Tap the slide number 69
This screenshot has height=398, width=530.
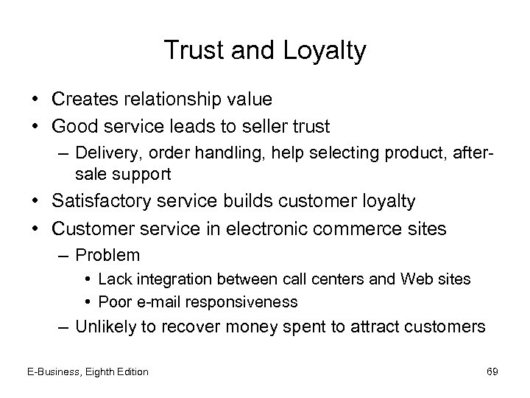492,371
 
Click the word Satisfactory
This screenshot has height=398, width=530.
107,200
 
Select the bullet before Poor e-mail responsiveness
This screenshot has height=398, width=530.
88,301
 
